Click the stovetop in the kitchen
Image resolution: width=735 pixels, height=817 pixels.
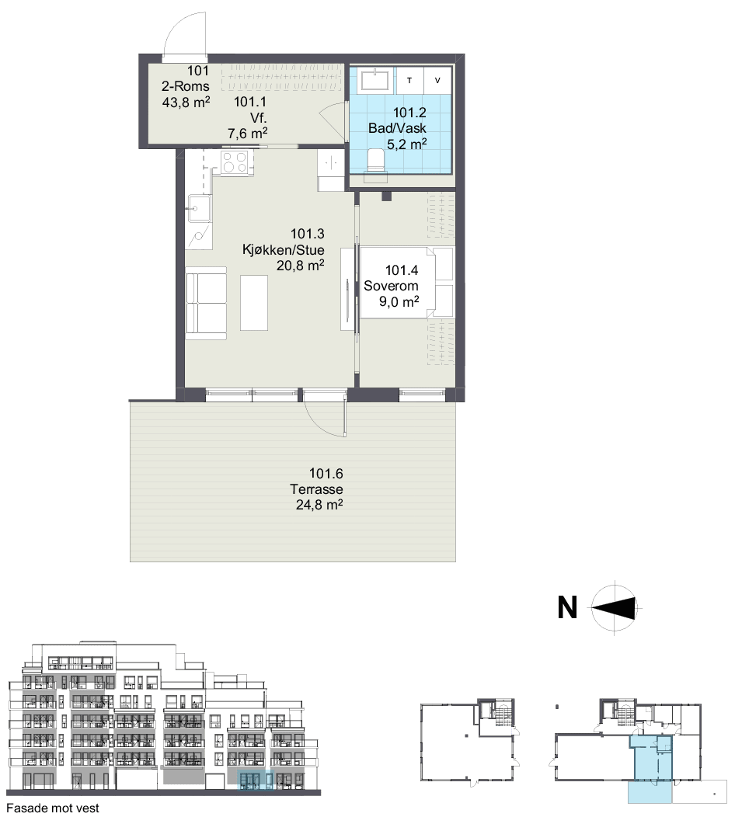[235, 162]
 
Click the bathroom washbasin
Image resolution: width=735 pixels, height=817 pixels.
[374, 80]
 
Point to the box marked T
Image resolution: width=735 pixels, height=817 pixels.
[409, 80]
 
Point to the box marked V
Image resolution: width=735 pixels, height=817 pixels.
[437, 80]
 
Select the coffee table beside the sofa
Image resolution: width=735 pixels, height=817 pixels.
[254, 303]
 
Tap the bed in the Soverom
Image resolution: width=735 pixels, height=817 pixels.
[406, 283]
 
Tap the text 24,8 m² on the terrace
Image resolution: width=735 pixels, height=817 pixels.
[319, 504]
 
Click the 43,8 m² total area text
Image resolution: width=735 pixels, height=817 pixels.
[186, 103]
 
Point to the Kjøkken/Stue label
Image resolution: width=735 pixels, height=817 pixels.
[283, 249]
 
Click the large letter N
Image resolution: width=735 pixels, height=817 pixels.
[568, 607]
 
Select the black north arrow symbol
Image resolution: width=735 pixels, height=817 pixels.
[615, 608]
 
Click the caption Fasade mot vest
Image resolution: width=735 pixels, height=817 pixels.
[53, 808]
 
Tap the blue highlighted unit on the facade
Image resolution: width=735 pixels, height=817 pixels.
[256, 780]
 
